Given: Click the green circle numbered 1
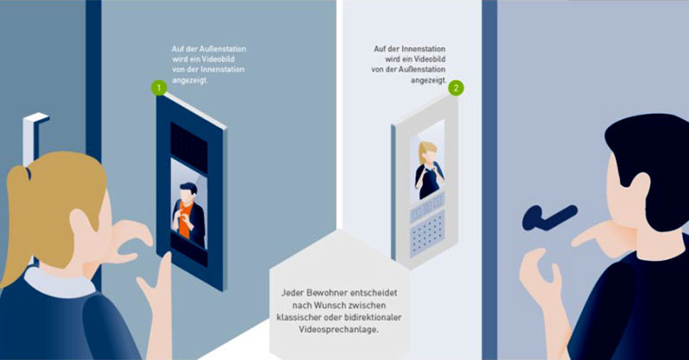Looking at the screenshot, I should tap(158, 87).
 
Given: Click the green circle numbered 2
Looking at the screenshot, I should tap(456, 87).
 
